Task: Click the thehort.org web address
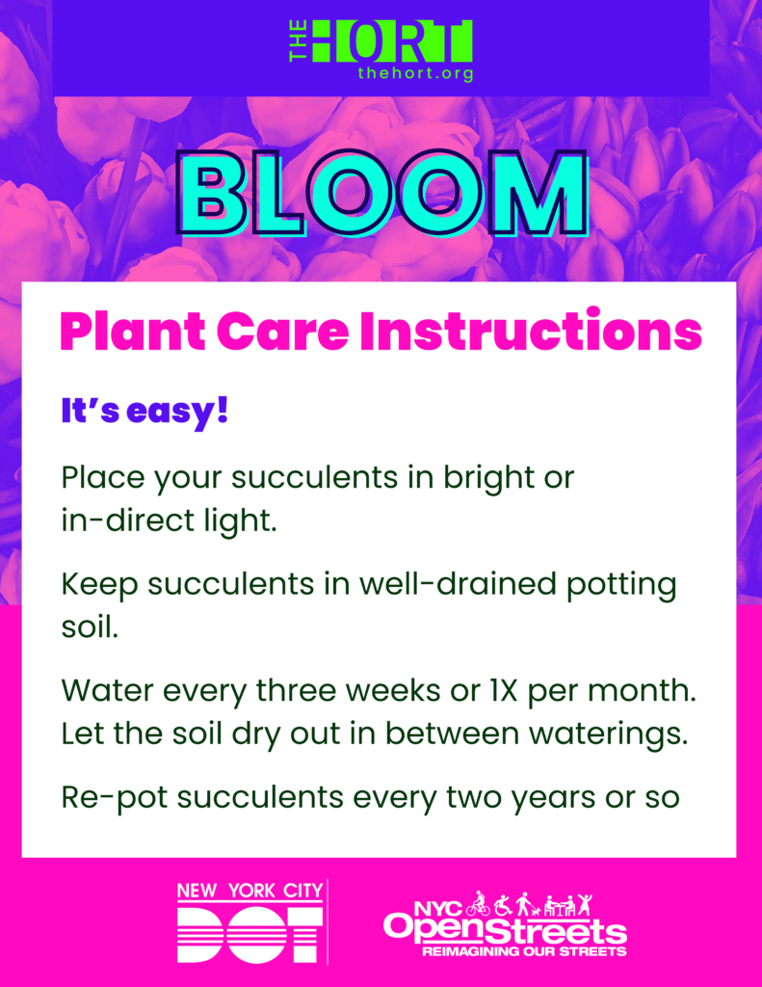(415, 73)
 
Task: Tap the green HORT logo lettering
(391, 40)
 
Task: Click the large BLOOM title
(382, 194)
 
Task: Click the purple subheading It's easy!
(145, 412)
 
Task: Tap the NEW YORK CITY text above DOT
(250, 891)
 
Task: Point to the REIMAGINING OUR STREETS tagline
(524, 951)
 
